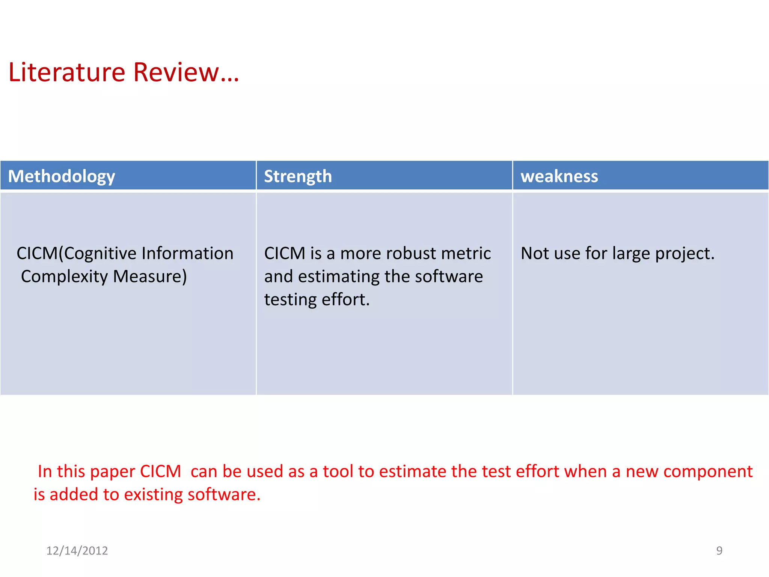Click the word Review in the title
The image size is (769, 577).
pos(176,72)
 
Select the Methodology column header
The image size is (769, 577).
pos(62,176)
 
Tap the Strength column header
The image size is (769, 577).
pos(298,176)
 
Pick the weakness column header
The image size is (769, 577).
pos(559,176)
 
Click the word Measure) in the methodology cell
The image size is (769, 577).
pos(150,277)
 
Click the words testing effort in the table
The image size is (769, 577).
pos(317,300)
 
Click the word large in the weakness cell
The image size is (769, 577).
pos(631,254)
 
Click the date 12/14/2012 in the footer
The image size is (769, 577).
pos(77,551)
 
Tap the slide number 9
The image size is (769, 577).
pos(719,551)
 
